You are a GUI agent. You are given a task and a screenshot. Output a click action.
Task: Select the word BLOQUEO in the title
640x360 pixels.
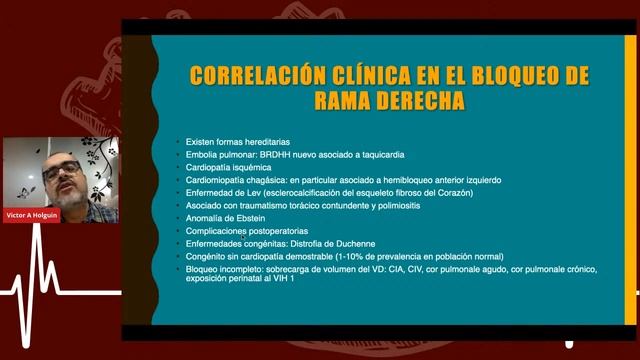(506, 76)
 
